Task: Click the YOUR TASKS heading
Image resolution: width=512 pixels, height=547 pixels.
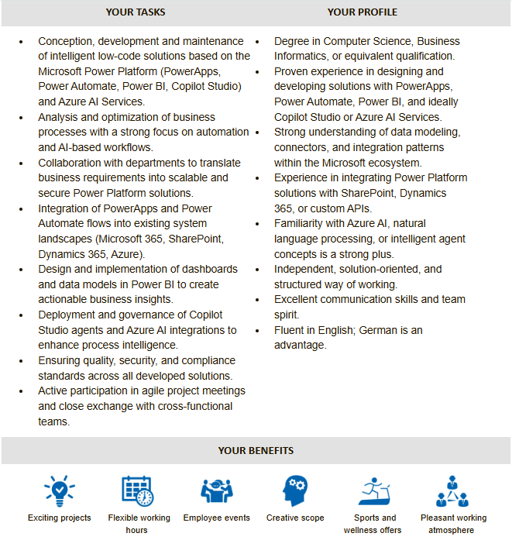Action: [136, 12]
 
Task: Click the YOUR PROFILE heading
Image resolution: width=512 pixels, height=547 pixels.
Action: [363, 12]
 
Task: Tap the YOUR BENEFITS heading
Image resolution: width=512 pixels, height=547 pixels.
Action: [256, 450]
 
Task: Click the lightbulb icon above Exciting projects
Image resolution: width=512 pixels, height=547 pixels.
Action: [60, 490]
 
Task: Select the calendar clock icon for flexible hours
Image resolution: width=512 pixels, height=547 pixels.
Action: [137, 490]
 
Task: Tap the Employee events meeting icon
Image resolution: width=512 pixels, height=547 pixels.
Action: [217, 490]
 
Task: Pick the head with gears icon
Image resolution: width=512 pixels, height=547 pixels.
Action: [295, 490]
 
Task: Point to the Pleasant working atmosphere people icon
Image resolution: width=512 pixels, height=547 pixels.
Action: [453, 490]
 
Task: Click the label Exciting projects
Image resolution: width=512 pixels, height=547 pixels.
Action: [60, 518]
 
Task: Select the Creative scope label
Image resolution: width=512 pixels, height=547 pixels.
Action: [295, 518]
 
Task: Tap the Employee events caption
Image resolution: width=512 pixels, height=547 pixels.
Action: [217, 518]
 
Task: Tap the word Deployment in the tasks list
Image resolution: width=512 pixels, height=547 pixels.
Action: [70, 315]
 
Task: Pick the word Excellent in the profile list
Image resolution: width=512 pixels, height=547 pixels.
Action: [298, 300]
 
